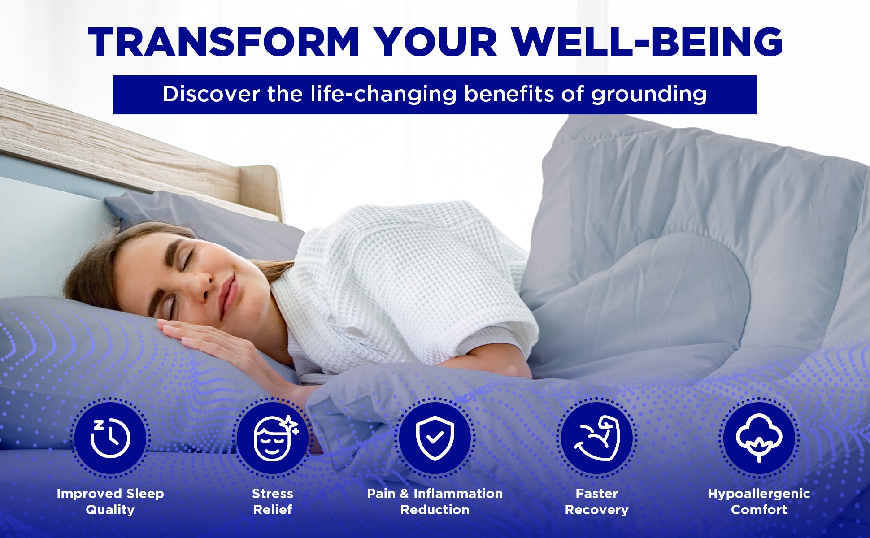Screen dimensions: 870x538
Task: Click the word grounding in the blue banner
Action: tap(649, 95)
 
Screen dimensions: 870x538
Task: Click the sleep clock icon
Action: tap(110, 438)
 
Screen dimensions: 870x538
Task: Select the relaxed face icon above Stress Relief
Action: tap(275, 438)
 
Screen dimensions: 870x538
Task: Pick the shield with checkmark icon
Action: tap(435, 438)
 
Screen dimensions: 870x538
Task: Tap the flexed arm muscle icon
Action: tap(597, 438)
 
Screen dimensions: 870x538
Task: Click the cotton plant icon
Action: tap(759, 438)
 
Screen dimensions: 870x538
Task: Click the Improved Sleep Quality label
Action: tap(110, 502)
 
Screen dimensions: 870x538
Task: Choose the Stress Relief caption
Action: tap(273, 502)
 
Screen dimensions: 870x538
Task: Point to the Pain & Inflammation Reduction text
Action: tap(435, 502)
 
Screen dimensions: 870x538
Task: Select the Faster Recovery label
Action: tap(597, 502)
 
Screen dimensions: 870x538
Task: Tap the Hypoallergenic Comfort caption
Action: tap(759, 502)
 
